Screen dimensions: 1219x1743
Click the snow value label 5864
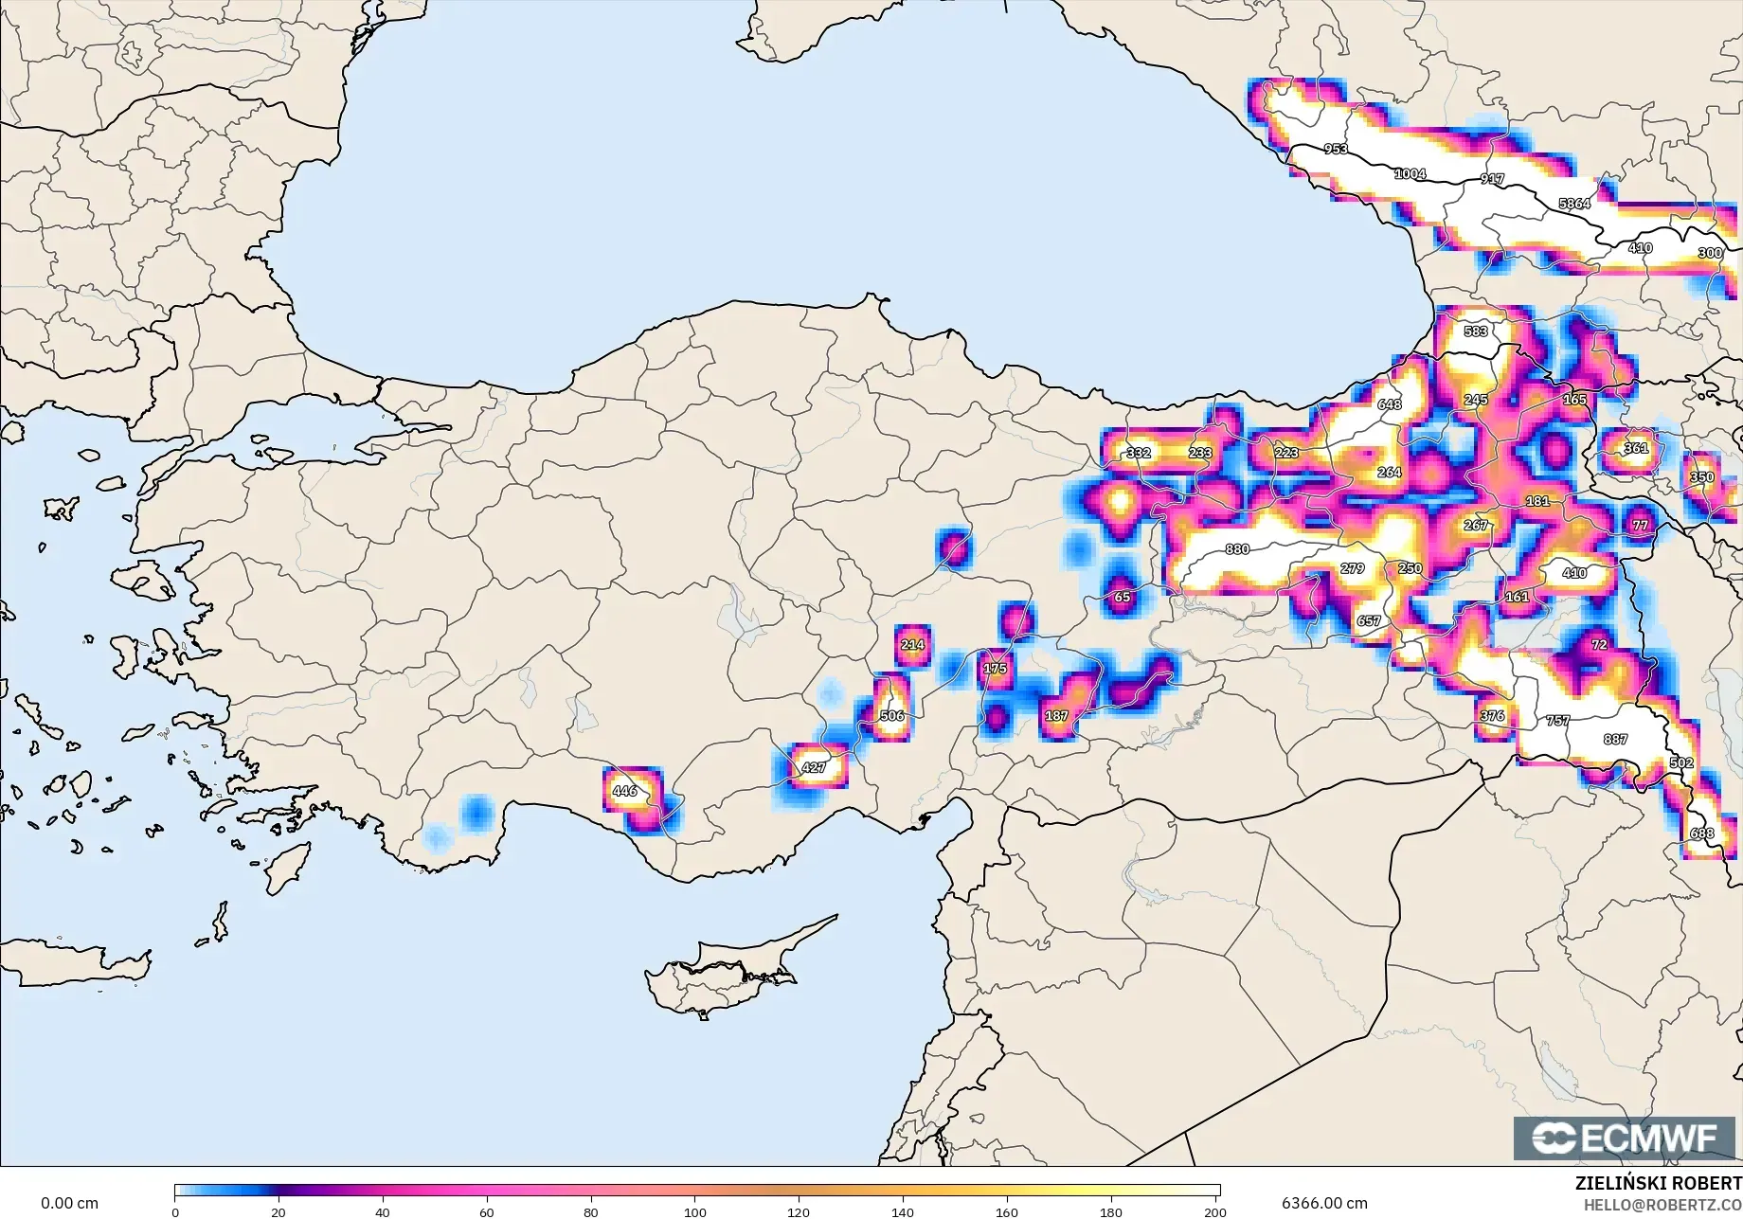tap(1574, 204)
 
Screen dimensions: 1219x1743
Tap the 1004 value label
tap(1410, 173)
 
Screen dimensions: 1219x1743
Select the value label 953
tap(1336, 149)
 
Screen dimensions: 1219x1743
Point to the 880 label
tap(1237, 549)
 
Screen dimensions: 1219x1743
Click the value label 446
tap(625, 791)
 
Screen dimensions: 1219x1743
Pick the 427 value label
tap(814, 767)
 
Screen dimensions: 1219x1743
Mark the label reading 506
tap(891, 716)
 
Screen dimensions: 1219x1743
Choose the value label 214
tap(912, 645)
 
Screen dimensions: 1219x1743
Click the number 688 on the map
tap(1702, 834)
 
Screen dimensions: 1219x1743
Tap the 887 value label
tap(1615, 740)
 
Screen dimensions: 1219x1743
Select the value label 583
tap(1476, 332)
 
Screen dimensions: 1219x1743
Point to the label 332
tap(1139, 453)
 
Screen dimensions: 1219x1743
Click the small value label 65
tap(1123, 598)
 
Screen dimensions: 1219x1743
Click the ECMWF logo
tap(1624, 1138)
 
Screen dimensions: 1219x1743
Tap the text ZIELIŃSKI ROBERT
tap(1658, 1184)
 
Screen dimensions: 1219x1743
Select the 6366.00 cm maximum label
tap(1324, 1203)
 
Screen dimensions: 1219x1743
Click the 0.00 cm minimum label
tap(69, 1203)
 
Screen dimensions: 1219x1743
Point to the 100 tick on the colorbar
tap(695, 1211)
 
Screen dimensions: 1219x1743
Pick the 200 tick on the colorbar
tap(1215, 1211)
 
